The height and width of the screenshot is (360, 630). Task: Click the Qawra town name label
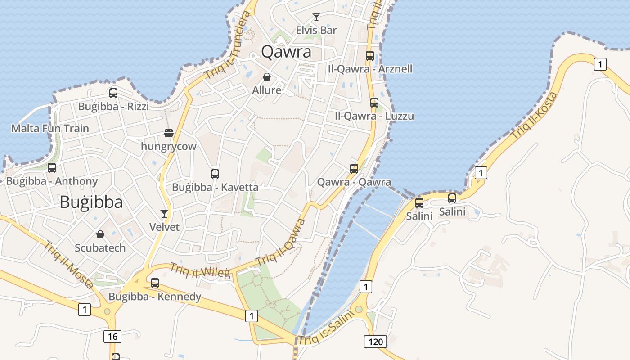point(286,52)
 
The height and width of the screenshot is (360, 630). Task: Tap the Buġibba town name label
point(91,202)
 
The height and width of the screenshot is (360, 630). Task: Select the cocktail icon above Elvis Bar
point(316,17)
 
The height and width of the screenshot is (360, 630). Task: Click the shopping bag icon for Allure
point(266,77)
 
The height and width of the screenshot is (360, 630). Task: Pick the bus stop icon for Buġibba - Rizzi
point(113,93)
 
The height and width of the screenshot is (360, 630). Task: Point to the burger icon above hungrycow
point(169,133)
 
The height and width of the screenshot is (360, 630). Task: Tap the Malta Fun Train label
point(50,128)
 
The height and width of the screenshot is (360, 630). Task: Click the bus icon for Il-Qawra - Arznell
point(370,56)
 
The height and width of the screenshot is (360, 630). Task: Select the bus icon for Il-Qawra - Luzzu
point(374,103)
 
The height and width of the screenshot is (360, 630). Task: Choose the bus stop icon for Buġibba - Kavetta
point(215,174)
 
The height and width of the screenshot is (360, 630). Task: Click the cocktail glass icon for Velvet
point(164,214)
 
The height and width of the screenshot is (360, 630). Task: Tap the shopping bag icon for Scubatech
point(100,234)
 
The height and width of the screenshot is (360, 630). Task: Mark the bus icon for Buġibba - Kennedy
point(155,283)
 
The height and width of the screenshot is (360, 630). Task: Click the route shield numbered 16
point(112,336)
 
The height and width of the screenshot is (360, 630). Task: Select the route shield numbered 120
point(375,342)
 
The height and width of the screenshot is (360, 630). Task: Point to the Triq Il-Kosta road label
point(535,116)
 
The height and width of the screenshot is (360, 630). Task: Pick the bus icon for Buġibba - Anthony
point(52,168)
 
